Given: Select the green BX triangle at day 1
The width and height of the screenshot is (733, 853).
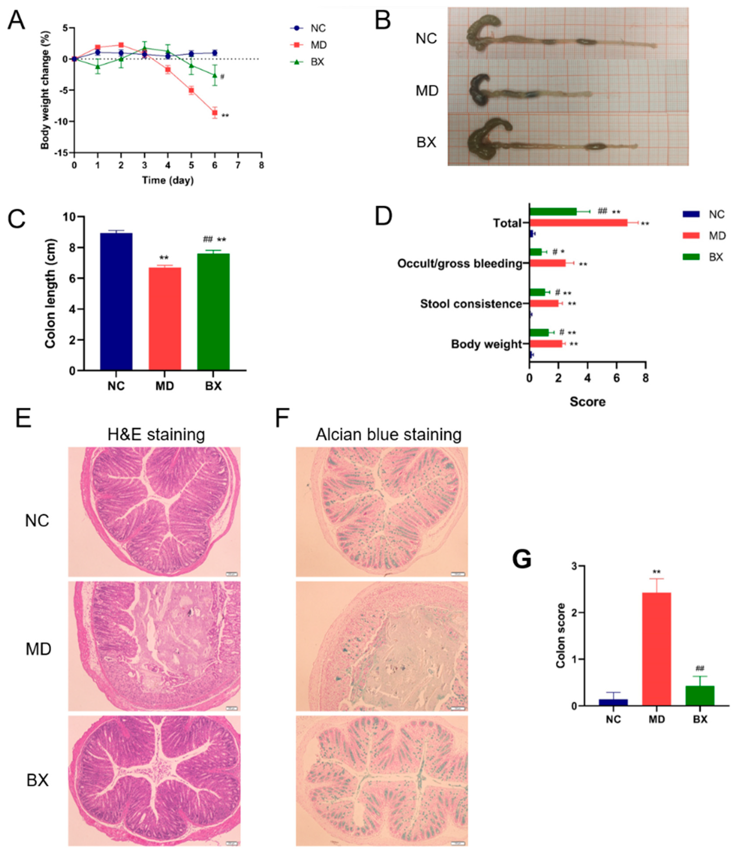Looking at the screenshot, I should click(98, 67).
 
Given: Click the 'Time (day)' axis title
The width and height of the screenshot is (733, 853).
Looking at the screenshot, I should click(168, 180).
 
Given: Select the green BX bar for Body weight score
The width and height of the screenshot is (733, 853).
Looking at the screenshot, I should click(539, 333).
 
